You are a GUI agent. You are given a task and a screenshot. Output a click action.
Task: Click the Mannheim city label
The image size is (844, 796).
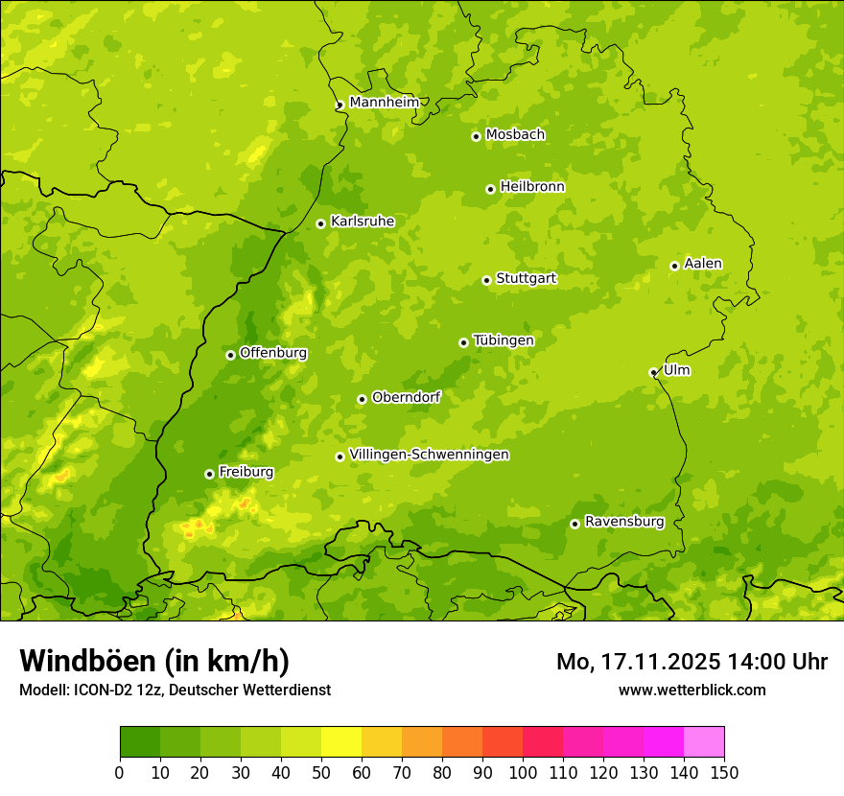[x=384, y=103]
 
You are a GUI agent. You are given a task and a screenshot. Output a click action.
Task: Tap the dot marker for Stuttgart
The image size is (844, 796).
[x=486, y=280]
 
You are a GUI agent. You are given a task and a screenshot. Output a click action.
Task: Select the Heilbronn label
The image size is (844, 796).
[x=532, y=187]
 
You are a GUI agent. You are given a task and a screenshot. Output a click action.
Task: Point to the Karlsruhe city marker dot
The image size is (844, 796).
[x=320, y=223]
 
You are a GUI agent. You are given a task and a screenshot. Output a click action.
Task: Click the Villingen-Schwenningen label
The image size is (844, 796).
[x=429, y=455]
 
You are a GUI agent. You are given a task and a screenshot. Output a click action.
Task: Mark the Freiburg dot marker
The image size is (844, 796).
[x=209, y=474]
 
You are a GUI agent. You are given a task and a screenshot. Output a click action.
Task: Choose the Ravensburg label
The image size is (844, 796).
[x=624, y=522]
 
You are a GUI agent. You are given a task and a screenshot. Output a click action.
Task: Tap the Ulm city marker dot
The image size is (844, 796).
[x=653, y=372]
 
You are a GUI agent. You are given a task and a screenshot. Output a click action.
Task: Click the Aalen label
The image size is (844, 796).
[x=703, y=264]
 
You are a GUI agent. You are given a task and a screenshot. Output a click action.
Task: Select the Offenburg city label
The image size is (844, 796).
[x=273, y=353]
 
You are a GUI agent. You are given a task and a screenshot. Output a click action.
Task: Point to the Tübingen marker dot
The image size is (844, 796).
[x=463, y=342]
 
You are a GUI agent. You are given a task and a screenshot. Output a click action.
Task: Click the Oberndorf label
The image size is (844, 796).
[x=406, y=397]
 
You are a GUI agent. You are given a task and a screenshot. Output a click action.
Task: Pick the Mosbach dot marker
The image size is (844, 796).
[x=476, y=136]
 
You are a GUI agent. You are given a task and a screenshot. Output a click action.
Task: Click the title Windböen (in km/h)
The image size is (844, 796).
[x=153, y=661]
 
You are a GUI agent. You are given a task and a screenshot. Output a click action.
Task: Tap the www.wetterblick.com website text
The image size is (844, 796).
[x=692, y=690]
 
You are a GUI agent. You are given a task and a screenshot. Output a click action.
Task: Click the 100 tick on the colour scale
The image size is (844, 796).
[x=523, y=772]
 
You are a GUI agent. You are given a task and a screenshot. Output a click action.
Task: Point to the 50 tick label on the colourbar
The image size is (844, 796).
[x=321, y=772]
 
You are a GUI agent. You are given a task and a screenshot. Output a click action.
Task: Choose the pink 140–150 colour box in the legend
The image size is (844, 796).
[x=704, y=741]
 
